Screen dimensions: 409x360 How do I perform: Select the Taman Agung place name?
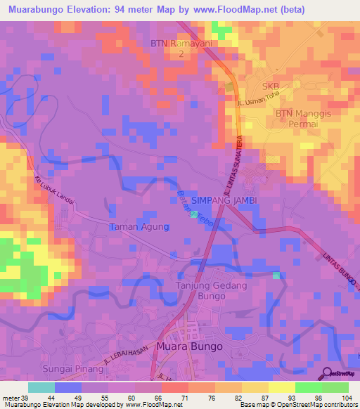point(139,227)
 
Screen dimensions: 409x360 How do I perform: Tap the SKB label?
point(271,86)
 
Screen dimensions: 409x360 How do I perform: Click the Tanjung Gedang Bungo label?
point(206,290)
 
